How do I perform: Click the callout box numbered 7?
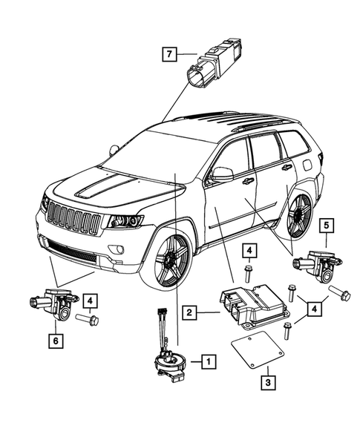tap(170, 53)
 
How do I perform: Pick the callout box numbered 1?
tap(210, 362)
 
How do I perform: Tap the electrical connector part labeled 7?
tap(217, 62)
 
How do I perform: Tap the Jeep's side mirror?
tap(222, 175)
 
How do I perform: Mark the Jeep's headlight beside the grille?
tap(125, 220)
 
